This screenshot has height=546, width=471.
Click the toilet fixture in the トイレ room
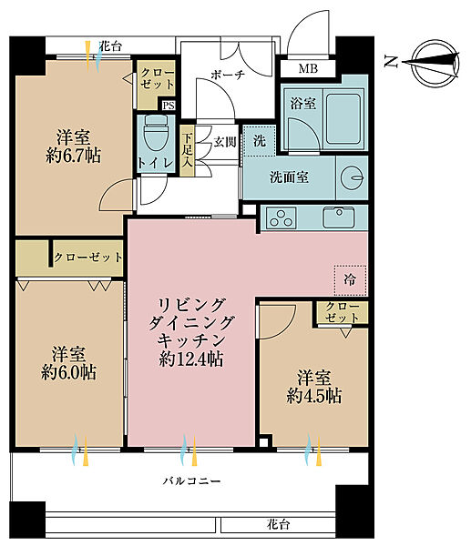pos(155,134)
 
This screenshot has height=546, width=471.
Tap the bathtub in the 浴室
pos(343,118)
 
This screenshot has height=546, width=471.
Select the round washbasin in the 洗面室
pos(353,178)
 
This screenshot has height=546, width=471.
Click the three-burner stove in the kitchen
pos(281,218)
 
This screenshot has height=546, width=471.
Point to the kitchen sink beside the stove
pos(339,217)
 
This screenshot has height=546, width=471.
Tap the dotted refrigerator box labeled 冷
pos(350,280)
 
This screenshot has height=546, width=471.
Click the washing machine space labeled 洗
pos(260,141)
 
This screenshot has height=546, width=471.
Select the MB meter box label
pos(308,68)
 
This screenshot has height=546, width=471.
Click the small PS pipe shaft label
pos(168,106)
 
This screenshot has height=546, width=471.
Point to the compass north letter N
pos(391,62)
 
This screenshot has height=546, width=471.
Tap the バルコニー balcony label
pos(191,481)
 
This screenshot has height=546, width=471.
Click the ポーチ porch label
pos(228,75)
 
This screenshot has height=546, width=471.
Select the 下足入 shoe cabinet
pos(187,150)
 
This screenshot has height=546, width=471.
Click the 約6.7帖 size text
pos(74,156)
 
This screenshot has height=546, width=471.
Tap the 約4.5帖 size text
pos(314,396)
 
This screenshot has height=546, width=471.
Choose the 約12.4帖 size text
pos(191,359)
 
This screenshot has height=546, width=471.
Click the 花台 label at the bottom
pos(278,524)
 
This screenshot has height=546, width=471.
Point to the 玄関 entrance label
pos(225,142)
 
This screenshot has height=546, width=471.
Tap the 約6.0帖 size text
pos(68,372)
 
